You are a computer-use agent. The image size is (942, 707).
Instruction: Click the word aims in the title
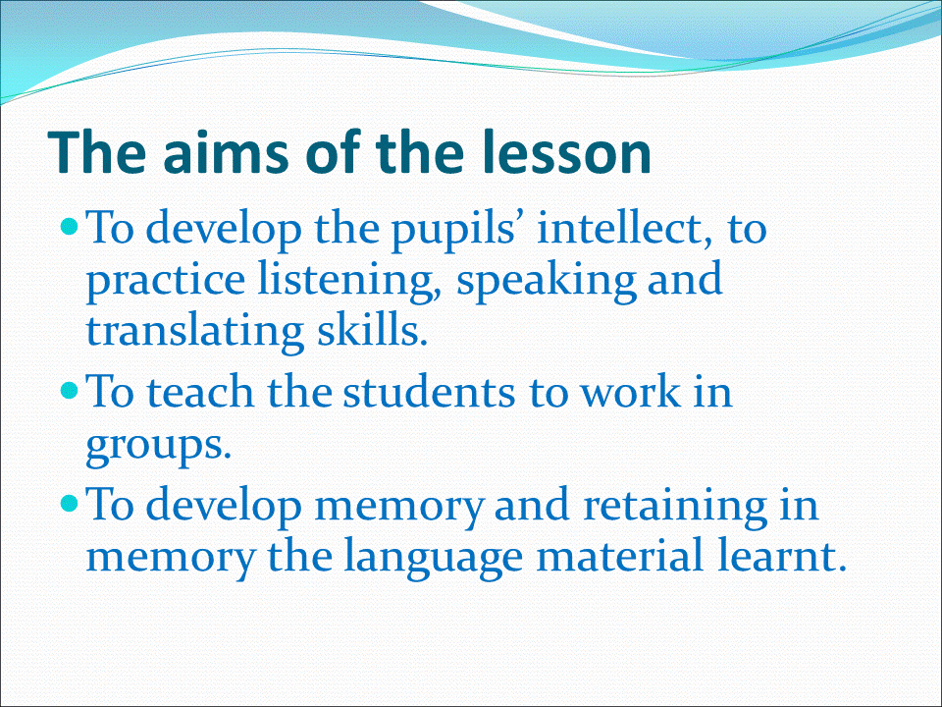(x=226, y=151)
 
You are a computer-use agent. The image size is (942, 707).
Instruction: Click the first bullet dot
(x=70, y=227)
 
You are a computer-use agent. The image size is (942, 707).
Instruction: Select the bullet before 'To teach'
(x=70, y=392)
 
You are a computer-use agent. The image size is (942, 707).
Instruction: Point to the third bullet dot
(x=70, y=503)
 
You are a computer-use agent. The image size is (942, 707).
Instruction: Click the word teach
(x=200, y=392)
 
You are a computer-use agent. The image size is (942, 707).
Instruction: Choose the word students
(x=429, y=392)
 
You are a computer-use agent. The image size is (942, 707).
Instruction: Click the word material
(x=619, y=555)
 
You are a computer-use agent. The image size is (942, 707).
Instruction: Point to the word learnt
(x=782, y=555)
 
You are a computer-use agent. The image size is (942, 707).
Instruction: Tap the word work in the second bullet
(x=630, y=392)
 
